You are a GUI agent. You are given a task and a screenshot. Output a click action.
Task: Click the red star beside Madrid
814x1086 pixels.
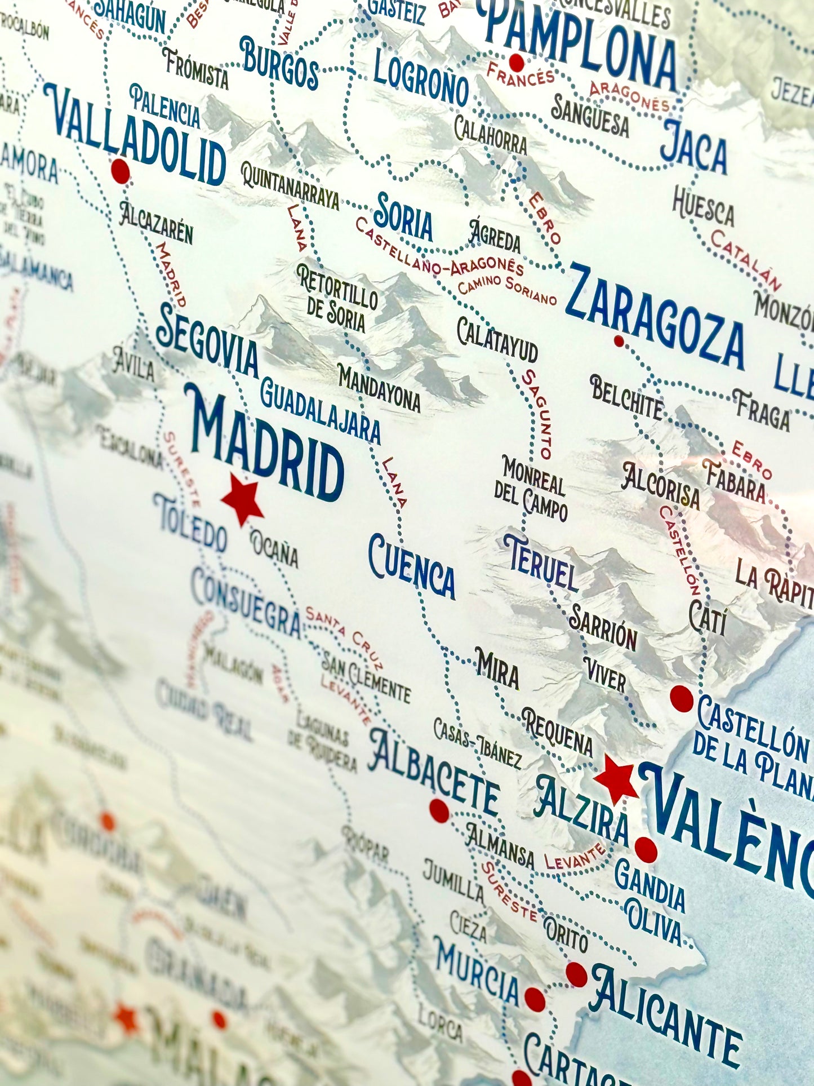(x=242, y=499)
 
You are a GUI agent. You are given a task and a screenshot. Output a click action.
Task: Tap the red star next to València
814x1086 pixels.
(x=616, y=779)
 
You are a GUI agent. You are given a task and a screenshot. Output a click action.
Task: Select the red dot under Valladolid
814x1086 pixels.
(x=120, y=170)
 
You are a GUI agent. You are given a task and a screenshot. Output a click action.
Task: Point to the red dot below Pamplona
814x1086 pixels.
(x=516, y=62)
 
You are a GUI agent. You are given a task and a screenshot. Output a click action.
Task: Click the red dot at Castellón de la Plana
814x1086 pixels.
(x=681, y=698)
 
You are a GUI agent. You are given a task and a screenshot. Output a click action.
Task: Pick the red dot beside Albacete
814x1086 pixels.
(x=439, y=810)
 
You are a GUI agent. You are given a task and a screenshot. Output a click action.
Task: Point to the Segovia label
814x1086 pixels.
(x=207, y=342)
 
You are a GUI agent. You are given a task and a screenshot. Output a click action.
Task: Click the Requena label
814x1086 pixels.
(x=557, y=732)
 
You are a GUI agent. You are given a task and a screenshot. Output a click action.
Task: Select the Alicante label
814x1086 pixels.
(x=665, y=1013)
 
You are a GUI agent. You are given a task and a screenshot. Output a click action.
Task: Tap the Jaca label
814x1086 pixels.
(x=693, y=147)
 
